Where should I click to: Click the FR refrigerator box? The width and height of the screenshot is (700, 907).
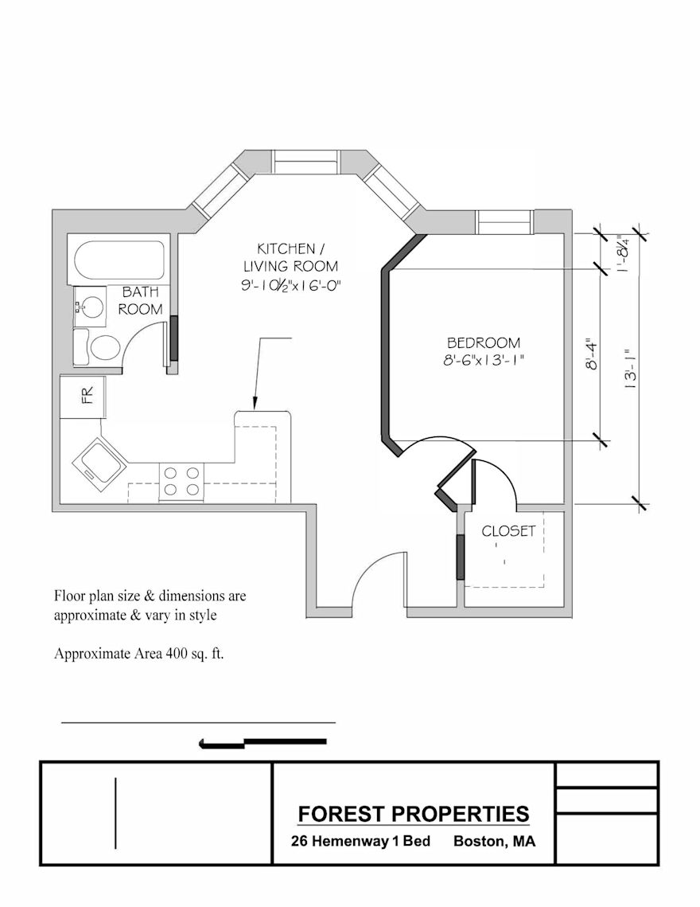pos(84,396)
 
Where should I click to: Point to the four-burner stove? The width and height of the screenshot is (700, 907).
pos(181,481)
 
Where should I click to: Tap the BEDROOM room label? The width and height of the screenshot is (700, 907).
pos(484,342)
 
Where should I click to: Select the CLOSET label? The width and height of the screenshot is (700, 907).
pos(508,530)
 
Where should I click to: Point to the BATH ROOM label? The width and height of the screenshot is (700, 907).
pos(141,301)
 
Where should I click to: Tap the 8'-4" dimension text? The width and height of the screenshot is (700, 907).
pos(591,354)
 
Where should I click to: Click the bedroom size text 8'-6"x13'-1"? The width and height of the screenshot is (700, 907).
pos(484,360)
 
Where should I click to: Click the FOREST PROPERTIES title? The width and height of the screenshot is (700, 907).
pos(414,814)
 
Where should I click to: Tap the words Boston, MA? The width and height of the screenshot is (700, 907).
pos(494,841)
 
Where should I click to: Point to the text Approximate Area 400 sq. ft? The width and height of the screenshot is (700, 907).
pos(138,655)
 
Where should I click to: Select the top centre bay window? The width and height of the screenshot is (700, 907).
pos(305,162)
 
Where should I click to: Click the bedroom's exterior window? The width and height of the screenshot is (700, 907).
pos(504,221)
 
